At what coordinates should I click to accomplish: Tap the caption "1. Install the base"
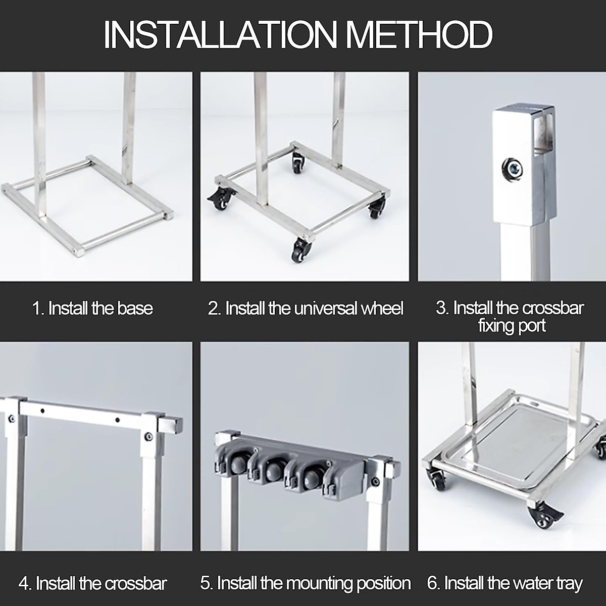pyautogui.click(x=92, y=308)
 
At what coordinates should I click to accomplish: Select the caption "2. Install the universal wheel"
pyautogui.click(x=306, y=308)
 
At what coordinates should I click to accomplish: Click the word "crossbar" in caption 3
pyautogui.click(x=552, y=308)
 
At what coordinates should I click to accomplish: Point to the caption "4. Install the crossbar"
pyautogui.click(x=93, y=583)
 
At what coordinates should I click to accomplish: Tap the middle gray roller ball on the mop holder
pyautogui.click(x=273, y=473)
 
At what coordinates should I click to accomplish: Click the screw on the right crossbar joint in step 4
pyautogui.click(x=147, y=436)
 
